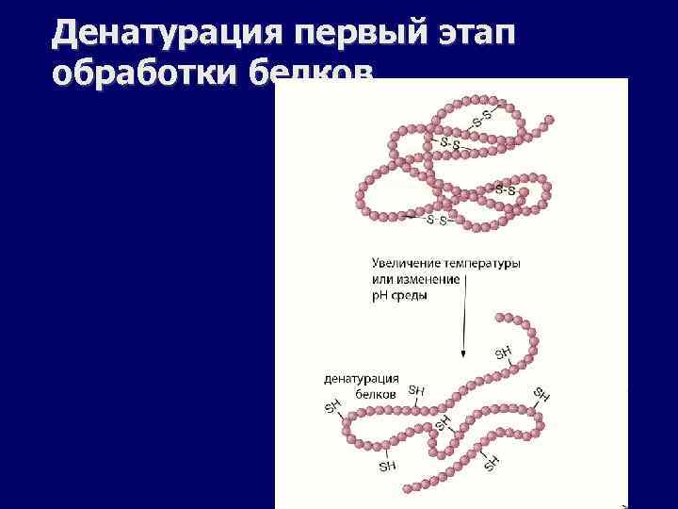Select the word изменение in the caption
coord(428,279)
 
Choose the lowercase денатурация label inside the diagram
coord(362,378)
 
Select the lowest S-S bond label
coord(436,221)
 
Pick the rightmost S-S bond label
coord(505,189)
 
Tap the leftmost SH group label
coord(332,407)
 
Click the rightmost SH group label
coord(541,393)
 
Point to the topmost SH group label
coord(503,353)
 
